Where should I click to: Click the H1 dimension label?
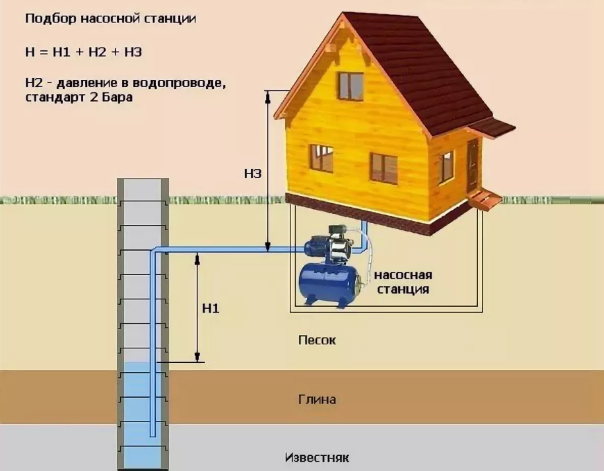click(x=211, y=308)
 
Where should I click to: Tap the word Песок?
click(x=318, y=340)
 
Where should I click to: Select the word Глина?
click(x=318, y=399)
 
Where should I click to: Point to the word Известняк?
click(x=317, y=457)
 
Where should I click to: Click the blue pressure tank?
click(x=329, y=284)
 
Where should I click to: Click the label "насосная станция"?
click(x=403, y=282)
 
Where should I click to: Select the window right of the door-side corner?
click(x=446, y=166)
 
